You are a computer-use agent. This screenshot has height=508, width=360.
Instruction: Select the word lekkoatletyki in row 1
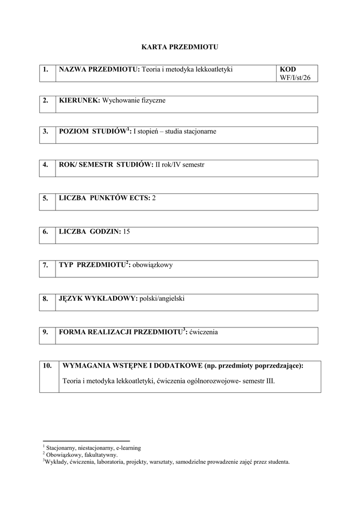tap(215, 69)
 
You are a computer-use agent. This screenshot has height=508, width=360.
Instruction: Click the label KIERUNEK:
tap(79, 100)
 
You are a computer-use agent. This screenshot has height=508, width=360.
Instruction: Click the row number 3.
tap(45, 131)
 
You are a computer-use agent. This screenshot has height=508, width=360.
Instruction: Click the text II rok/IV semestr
tap(180, 164)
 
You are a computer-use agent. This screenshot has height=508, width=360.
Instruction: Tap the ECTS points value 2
tap(154, 198)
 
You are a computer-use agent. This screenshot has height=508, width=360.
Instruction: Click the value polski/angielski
tap(162, 298)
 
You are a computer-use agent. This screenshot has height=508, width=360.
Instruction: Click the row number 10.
tap(48, 366)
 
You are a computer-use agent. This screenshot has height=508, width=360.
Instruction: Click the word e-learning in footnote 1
tap(128, 447)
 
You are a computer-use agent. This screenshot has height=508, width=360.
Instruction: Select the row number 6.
tap(45, 231)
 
